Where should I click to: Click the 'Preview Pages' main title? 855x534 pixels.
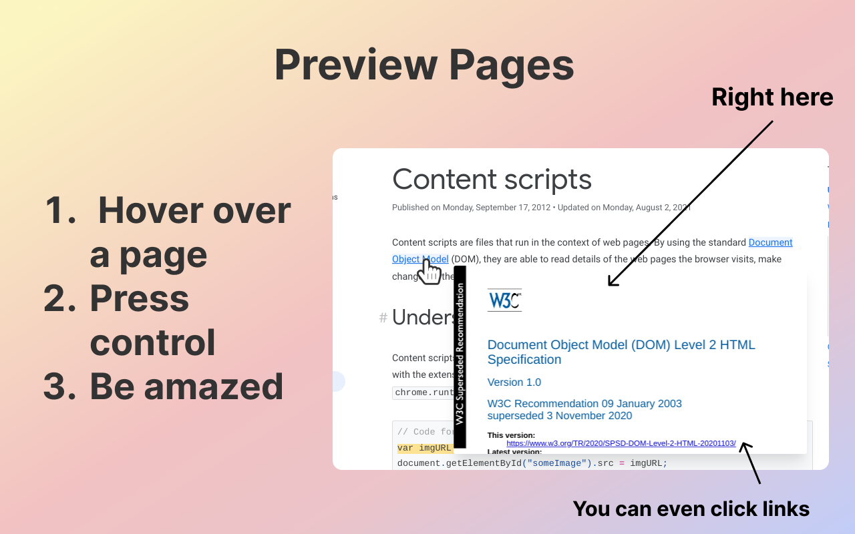[424, 65]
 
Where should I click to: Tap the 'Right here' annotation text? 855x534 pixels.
[772, 97]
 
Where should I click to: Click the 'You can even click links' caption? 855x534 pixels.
[691, 509]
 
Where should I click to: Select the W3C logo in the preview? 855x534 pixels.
[504, 300]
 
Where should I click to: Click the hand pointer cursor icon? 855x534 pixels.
[429, 272]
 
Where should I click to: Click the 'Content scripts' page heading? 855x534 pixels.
[492, 179]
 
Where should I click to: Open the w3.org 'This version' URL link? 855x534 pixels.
[621, 443]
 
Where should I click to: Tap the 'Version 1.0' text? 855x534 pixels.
[514, 382]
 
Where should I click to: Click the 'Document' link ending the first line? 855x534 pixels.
[770, 242]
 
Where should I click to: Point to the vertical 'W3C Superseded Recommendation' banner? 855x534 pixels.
[460, 354]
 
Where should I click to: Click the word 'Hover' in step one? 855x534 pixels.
[144, 210]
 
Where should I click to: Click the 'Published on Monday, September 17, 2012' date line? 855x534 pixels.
[471, 208]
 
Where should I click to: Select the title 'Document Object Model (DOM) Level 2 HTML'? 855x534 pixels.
[621, 345]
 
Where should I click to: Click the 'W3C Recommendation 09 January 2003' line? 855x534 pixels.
[584, 403]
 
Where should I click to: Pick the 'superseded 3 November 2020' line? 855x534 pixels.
[560, 416]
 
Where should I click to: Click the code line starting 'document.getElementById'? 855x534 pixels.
[532, 463]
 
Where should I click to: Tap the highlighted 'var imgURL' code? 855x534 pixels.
[425, 448]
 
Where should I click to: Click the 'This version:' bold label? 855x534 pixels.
[511, 435]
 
